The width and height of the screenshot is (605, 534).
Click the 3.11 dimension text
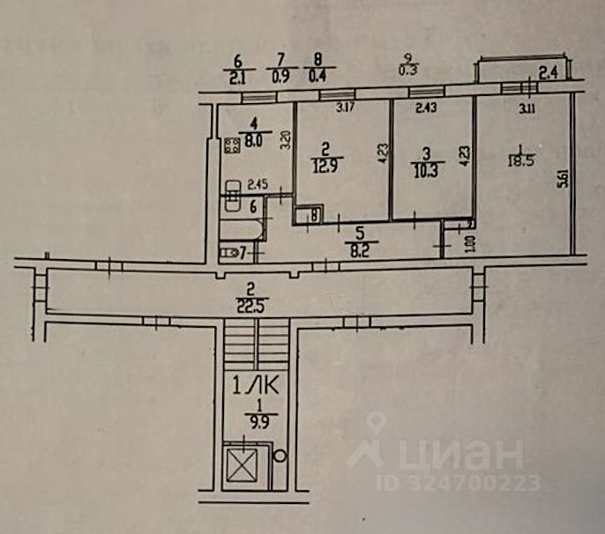tap(528, 110)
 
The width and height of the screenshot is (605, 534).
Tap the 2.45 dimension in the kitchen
tap(257, 185)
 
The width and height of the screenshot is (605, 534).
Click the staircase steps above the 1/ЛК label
tap(255, 345)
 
